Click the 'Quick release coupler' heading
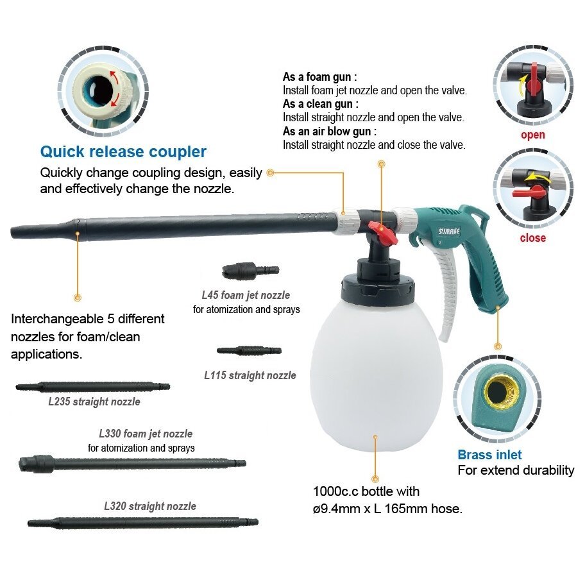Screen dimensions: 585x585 click(x=123, y=152)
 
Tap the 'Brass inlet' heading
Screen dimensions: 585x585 click(x=489, y=454)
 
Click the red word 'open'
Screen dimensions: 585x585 click(x=533, y=135)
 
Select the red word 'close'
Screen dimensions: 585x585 click(x=533, y=237)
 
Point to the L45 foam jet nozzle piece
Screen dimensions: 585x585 click(x=250, y=271)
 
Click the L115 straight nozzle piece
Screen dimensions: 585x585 click(x=250, y=351)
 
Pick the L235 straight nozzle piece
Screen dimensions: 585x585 click(x=93, y=387)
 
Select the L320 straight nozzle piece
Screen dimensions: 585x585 click(x=143, y=522)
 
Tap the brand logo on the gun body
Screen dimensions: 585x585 click(x=449, y=232)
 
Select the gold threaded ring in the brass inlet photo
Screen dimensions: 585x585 click(x=501, y=392)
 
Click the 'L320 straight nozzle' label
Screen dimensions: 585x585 click(x=150, y=506)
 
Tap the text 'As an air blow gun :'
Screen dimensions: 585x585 click(x=330, y=131)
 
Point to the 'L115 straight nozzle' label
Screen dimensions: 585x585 click(x=250, y=375)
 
